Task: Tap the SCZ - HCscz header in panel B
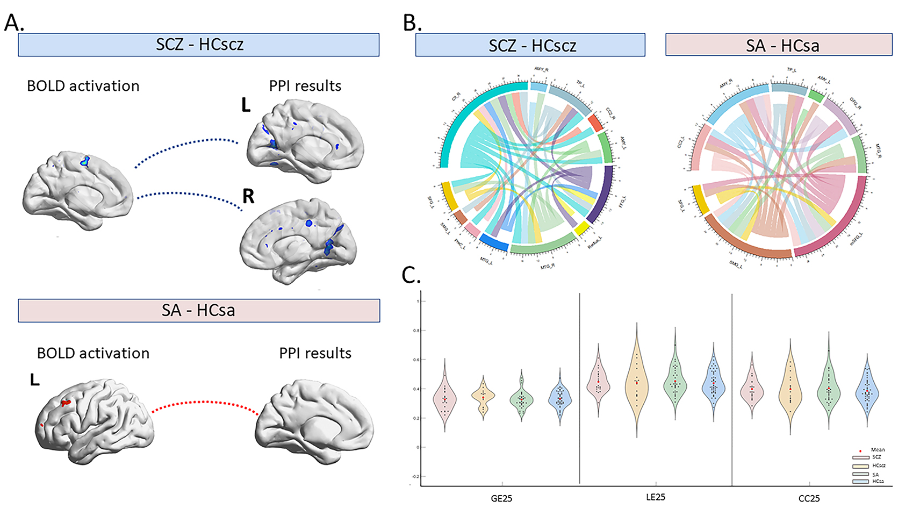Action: click(x=530, y=45)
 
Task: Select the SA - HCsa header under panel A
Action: click(x=198, y=311)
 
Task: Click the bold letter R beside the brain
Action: click(x=248, y=197)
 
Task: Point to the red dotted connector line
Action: click(x=204, y=403)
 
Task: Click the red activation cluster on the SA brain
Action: click(x=66, y=403)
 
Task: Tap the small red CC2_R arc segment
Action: click(x=595, y=123)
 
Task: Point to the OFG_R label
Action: click(x=856, y=104)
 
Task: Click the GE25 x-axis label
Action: click(x=501, y=499)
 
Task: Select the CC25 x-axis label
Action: click(x=809, y=499)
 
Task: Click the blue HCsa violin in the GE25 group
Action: click(x=559, y=398)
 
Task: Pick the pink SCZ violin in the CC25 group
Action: click(x=752, y=390)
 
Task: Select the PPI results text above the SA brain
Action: click(x=315, y=354)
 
